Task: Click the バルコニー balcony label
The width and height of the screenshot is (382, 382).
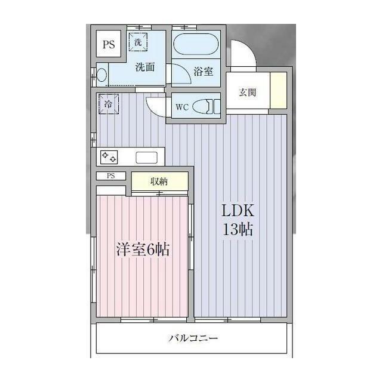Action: [x=192, y=338]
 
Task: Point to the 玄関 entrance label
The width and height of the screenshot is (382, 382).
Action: [x=248, y=93]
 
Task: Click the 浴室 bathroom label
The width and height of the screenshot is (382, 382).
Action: [x=203, y=72]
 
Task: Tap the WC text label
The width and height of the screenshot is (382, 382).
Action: [x=182, y=107]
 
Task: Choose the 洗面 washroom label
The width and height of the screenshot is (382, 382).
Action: [x=144, y=67]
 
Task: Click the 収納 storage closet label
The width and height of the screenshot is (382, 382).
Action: [x=159, y=181]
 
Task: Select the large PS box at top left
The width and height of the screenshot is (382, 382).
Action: [x=108, y=44]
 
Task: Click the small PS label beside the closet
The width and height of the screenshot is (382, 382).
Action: [x=111, y=175]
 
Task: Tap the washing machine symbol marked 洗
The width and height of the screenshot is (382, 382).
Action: [x=137, y=42]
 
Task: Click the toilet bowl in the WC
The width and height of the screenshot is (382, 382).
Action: [x=210, y=107]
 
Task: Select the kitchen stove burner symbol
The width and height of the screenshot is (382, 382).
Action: [x=109, y=157]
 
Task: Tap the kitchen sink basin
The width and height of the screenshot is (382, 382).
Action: [x=147, y=158]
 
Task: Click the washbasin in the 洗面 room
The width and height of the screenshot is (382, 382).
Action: [x=102, y=76]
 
